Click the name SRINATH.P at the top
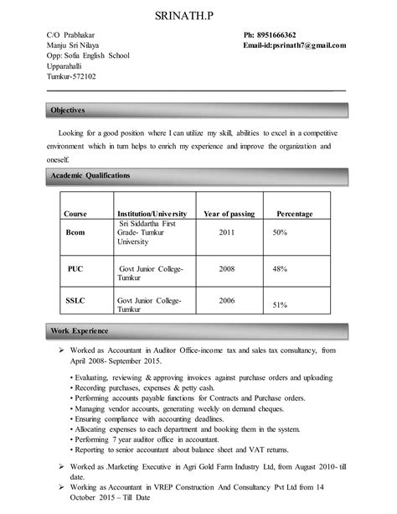coord(198,16)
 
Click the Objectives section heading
coord(69,110)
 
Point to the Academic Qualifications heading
coord(91,175)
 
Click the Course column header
coord(75,214)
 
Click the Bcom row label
coord(75,231)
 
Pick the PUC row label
coord(75,268)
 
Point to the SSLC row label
coord(75,299)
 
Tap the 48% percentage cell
coord(280,268)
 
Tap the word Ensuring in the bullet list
coord(89,417)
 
